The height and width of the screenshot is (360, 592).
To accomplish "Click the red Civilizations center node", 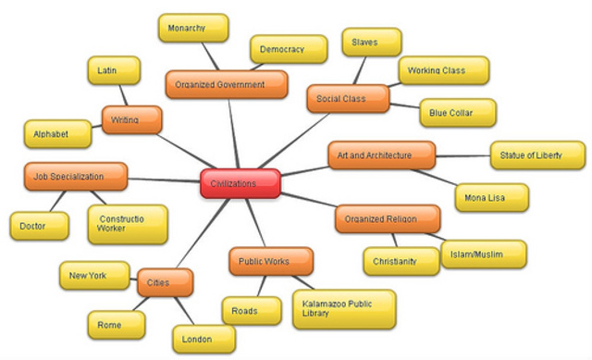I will [240, 184].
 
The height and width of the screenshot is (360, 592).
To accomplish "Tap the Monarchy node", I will [193, 29].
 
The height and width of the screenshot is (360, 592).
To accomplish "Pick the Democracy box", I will [288, 49].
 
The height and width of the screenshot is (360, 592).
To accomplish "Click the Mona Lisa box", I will [491, 197].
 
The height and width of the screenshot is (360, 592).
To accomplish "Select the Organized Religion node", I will [387, 219].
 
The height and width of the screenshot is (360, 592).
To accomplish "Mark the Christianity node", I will [401, 261].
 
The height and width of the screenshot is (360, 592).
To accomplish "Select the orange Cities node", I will [166, 282].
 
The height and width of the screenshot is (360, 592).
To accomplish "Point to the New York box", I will [89, 276].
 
